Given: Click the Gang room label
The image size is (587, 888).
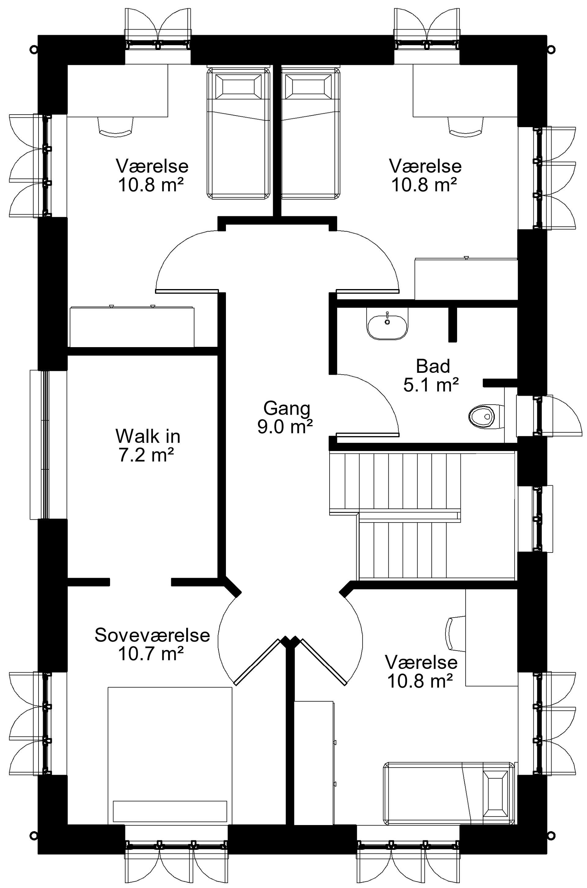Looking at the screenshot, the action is click(x=287, y=408).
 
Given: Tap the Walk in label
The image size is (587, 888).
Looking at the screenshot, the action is click(x=148, y=436).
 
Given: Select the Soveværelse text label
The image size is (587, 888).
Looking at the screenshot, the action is click(x=152, y=635).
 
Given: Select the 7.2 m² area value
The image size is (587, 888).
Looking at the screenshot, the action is click(x=146, y=454).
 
